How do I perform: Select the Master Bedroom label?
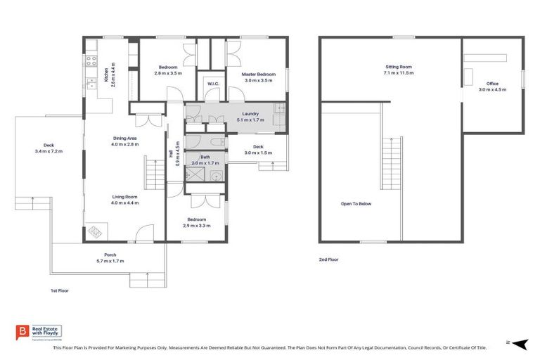point(258,74)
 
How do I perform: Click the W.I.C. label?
point(213,84)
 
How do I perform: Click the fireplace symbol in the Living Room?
point(95,230)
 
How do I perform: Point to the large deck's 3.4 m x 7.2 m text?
point(49,151)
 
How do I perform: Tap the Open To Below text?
point(356,204)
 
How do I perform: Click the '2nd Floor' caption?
point(328,259)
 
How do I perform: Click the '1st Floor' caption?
point(59,290)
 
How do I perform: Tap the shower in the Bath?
point(193,174)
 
